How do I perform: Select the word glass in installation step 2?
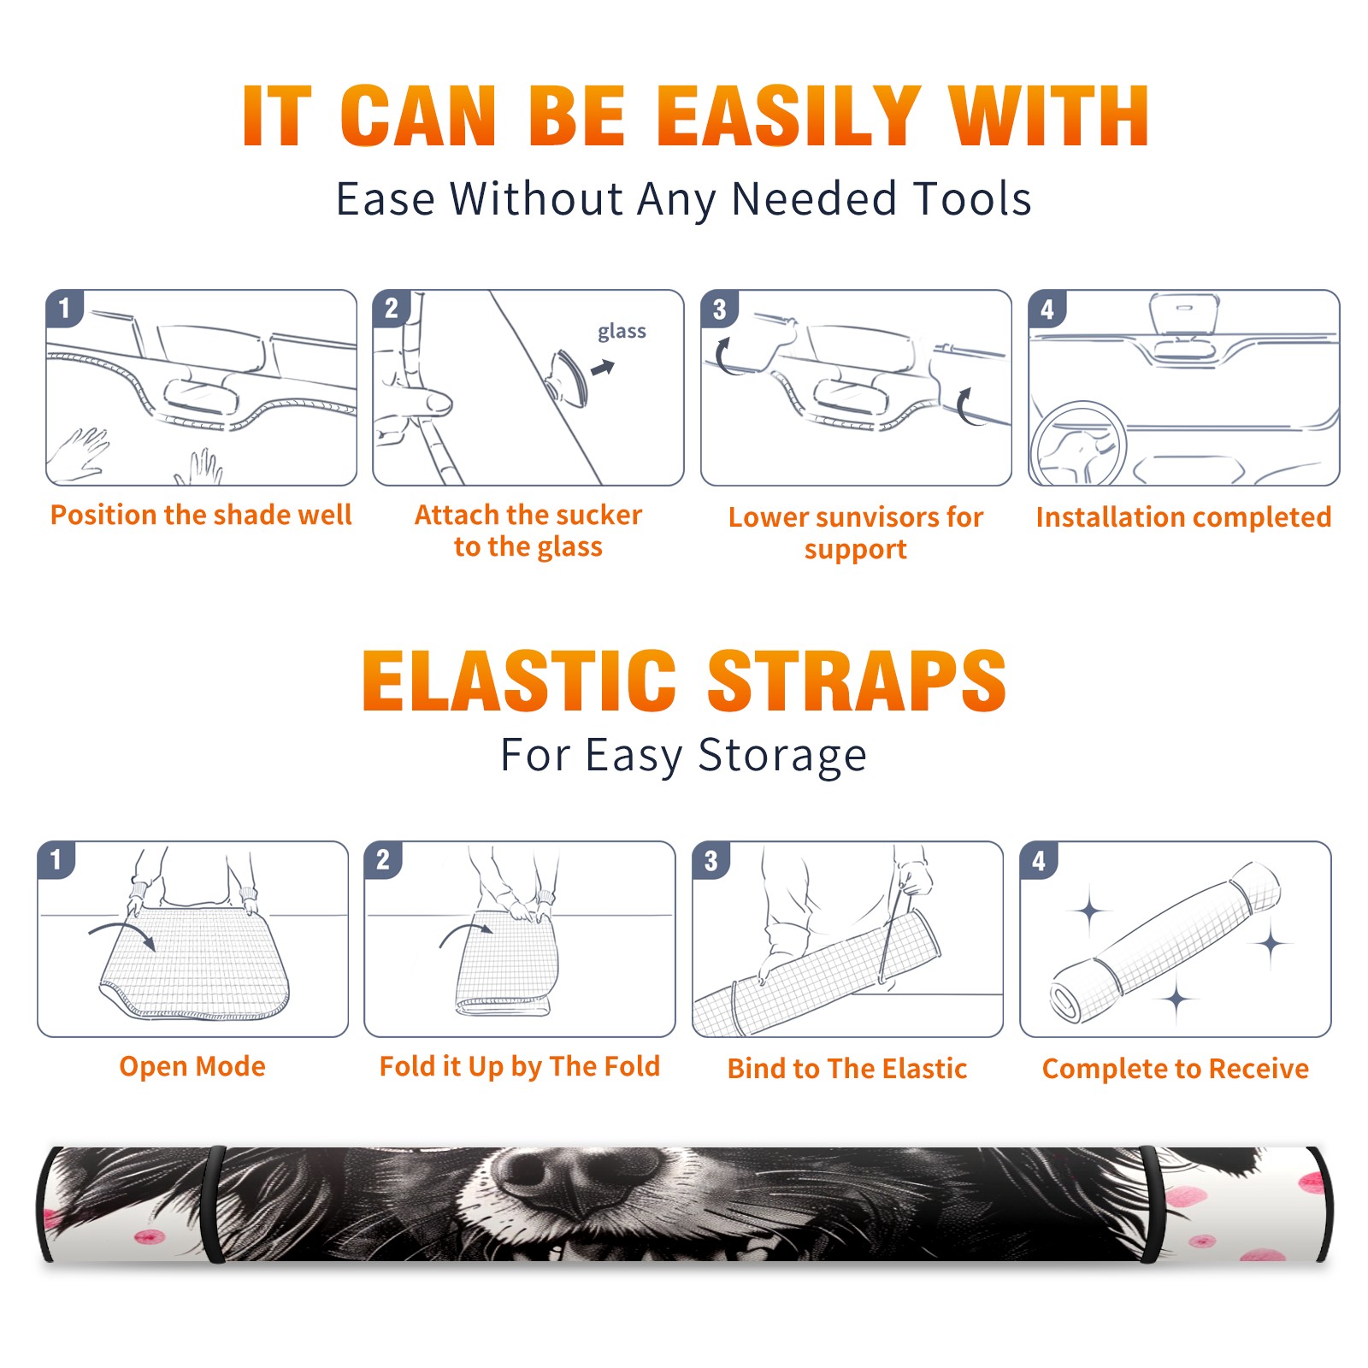[x=622, y=332]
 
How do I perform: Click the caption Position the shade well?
[x=201, y=515]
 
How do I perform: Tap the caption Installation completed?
[x=1183, y=516]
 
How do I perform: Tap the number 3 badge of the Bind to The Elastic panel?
[x=711, y=860]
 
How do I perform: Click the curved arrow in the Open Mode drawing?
[x=122, y=934]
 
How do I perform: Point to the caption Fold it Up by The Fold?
[x=520, y=1067]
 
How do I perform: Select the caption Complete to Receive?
[x=1176, y=1069]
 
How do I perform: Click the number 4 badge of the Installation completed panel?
[x=1047, y=309]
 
